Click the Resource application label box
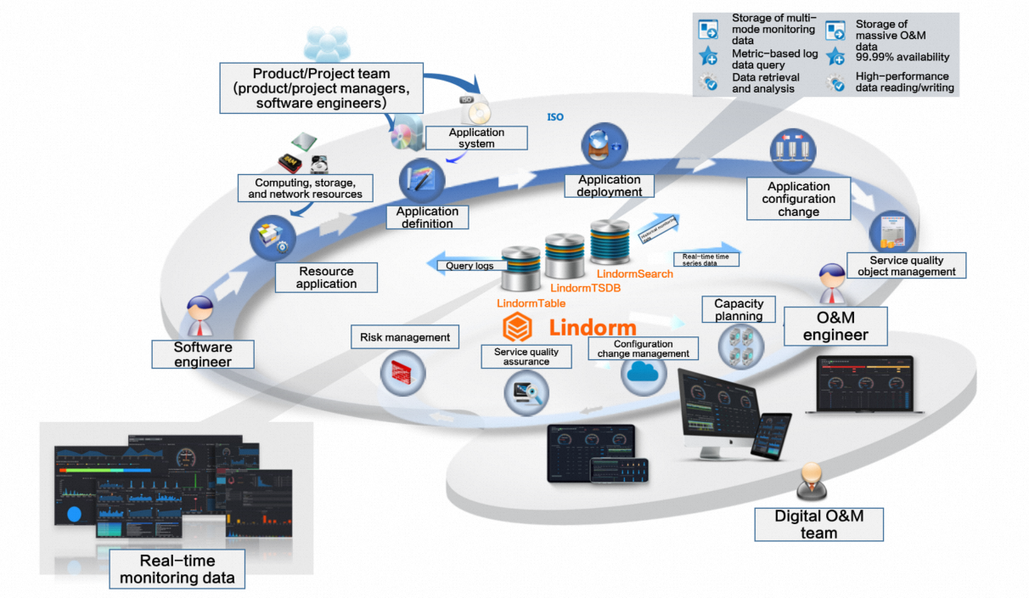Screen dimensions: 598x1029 tap(326, 277)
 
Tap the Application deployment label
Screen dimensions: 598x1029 tap(610, 185)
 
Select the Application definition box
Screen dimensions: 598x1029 tap(428, 217)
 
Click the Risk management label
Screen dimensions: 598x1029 tap(404, 337)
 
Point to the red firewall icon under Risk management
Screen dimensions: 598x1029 tap(402, 370)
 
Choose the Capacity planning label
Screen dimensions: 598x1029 tap(739, 309)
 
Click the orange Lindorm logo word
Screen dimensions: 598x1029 tap(592, 328)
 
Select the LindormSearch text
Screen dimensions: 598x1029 tap(634, 274)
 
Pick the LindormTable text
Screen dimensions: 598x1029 tap(531, 302)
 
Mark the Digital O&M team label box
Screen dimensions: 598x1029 tap(818, 524)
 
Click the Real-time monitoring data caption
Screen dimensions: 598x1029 tap(177, 570)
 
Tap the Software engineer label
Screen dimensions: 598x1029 tap(203, 354)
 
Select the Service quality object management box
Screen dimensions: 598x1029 tap(906, 266)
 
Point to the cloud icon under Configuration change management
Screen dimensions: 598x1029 tap(644, 373)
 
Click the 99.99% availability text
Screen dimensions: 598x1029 tap(902, 57)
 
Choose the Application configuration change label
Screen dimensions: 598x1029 tap(798, 199)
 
